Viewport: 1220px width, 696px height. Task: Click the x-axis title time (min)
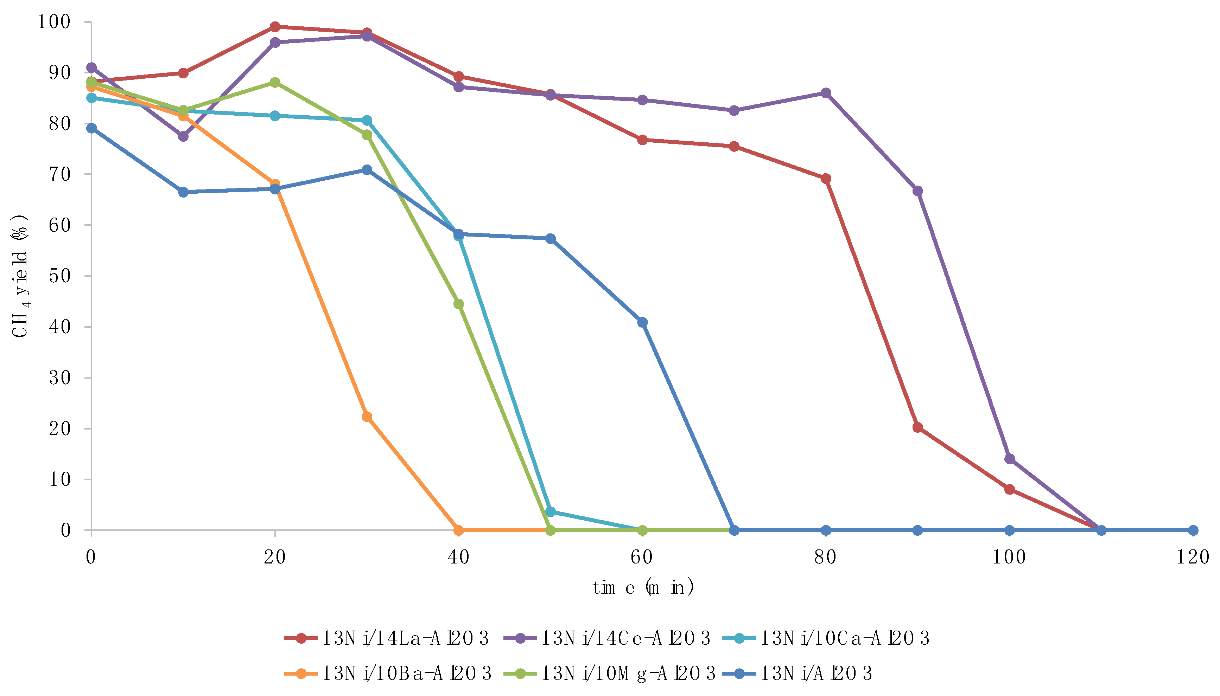(642, 587)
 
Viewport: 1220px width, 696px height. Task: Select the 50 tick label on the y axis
(59, 276)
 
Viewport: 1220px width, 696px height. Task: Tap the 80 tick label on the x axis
(825, 557)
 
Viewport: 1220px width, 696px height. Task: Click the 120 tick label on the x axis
(1193, 557)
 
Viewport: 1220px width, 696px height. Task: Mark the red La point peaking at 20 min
(275, 26)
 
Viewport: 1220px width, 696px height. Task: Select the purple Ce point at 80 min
(825, 93)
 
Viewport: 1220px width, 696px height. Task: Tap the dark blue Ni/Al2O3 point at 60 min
(642, 323)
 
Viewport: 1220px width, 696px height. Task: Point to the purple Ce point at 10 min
(183, 136)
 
